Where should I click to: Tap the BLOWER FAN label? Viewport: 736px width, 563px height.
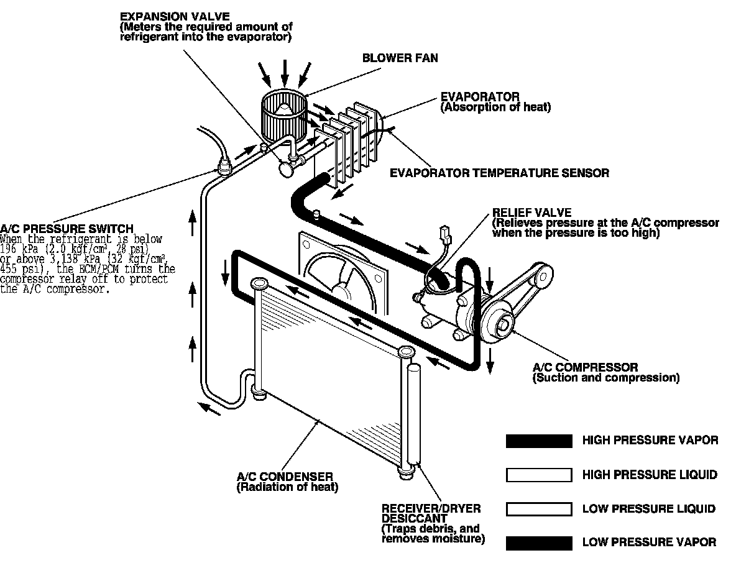[x=400, y=58]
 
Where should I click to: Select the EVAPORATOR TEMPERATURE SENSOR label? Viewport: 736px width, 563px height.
[x=499, y=173]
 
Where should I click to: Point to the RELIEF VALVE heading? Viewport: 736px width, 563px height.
[x=531, y=213]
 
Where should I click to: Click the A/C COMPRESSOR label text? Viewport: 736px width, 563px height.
[x=585, y=367]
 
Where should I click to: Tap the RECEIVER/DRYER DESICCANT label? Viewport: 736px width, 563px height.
[x=431, y=513]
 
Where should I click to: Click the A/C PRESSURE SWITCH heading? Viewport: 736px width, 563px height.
[x=67, y=229]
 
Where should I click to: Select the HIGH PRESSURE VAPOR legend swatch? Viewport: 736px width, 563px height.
[x=539, y=441]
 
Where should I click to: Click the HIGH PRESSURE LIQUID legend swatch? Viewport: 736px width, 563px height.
[x=539, y=475]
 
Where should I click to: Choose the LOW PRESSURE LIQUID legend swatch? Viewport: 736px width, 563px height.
[x=539, y=510]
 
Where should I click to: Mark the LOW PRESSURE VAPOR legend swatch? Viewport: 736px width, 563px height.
[x=539, y=543]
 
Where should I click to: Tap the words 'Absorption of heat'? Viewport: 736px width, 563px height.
[x=495, y=108]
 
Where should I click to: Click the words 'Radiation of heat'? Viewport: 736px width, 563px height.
[x=287, y=487]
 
